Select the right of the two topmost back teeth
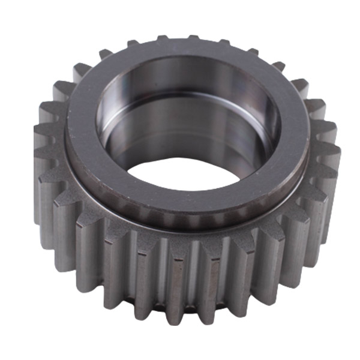[193, 39]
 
